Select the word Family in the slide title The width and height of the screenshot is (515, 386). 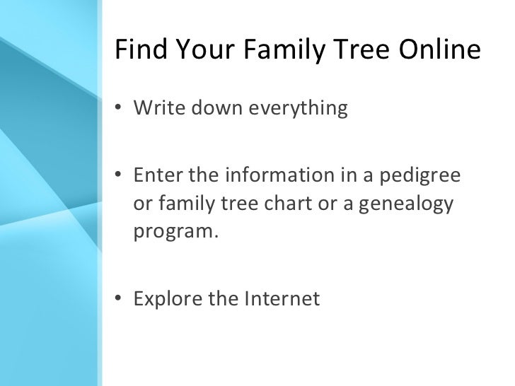282,51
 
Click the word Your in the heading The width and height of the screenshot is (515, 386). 202,51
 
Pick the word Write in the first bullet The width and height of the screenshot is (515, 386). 156,110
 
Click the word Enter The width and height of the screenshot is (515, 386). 154,175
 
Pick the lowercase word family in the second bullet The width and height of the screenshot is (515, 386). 183,205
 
